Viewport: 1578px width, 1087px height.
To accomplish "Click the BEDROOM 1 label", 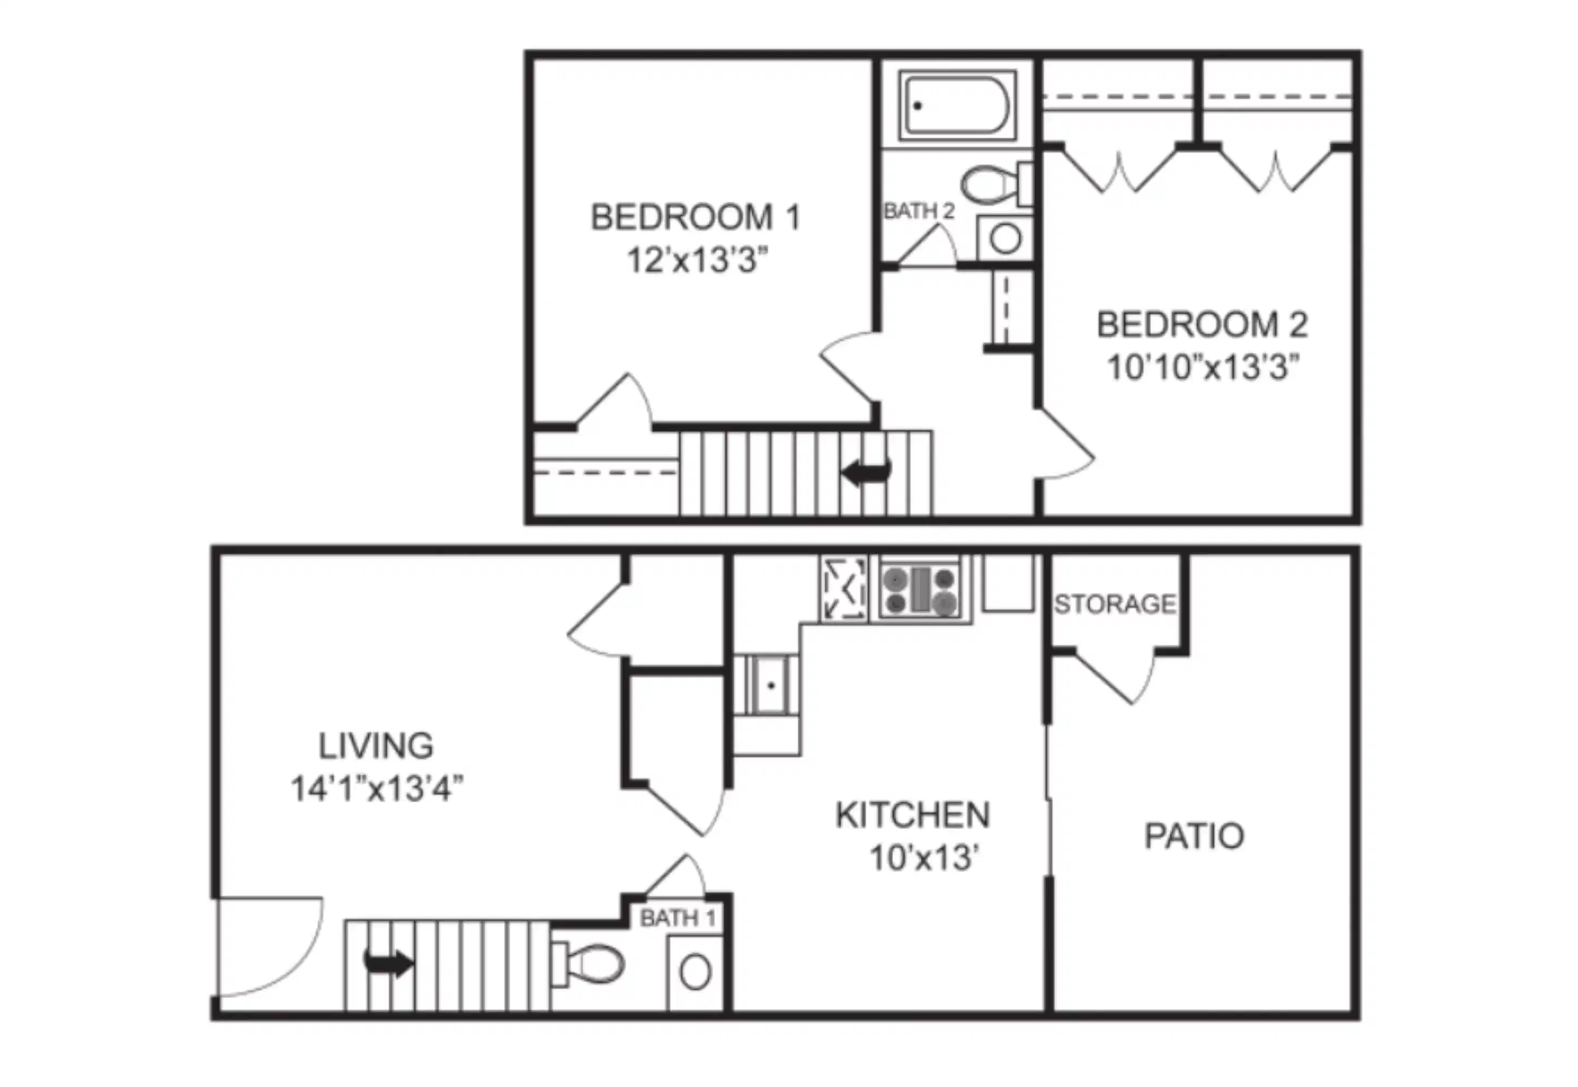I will click(695, 218).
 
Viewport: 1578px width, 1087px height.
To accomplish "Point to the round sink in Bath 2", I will click(1005, 239).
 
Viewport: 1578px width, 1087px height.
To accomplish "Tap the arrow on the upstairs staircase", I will click(866, 471).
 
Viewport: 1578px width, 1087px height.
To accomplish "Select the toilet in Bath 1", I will click(590, 964).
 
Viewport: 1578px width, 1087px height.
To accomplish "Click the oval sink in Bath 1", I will click(695, 972).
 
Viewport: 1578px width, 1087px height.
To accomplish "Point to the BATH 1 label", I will click(678, 918).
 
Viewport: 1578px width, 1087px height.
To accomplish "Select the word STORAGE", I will click(1115, 604).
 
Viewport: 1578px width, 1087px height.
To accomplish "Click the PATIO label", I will click(1194, 836).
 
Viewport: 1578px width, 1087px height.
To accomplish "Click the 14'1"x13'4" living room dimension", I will click(377, 789).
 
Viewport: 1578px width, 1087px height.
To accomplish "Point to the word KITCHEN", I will click(913, 815).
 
